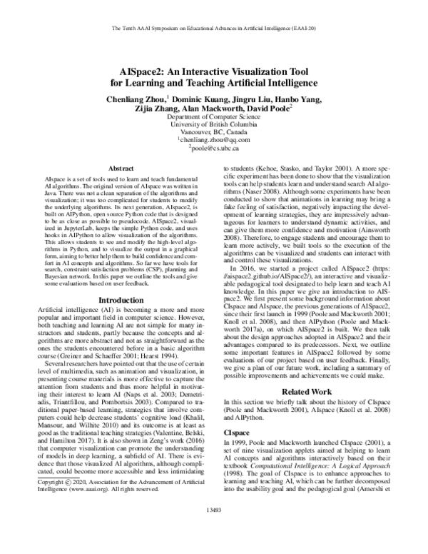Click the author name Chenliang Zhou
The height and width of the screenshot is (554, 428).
pyautogui.click(x=133, y=98)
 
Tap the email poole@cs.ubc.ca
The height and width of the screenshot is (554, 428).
pyautogui.click(x=215, y=150)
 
